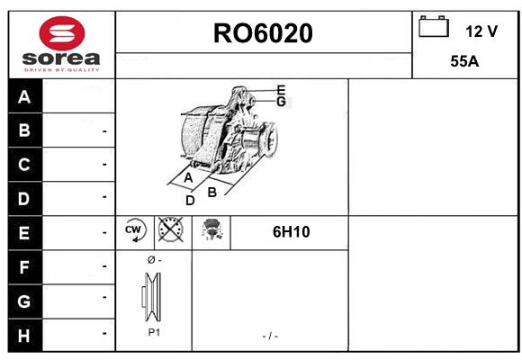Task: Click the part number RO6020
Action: pyautogui.click(x=263, y=33)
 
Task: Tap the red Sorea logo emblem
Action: pyautogui.click(x=62, y=33)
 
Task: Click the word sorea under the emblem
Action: pyautogui.click(x=61, y=58)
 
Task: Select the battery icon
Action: pyautogui.click(x=434, y=26)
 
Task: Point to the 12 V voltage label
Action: pyautogui.click(x=481, y=31)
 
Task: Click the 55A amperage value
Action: pyautogui.click(x=464, y=61)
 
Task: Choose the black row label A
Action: pyautogui.click(x=25, y=96)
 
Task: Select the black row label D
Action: pyautogui.click(x=25, y=199)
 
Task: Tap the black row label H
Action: pyautogui.click(x=25, y=336)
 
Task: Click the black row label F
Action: pyautogui.click(x=25, y=267)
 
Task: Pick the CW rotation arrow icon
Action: pyautogui.click(x=135, y=230)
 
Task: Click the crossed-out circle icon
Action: pyautogui.click(x=170, y=229)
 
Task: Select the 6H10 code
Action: pyautogui.click(x=292, y=232)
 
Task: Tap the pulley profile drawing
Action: pyautogui.click(x=152, y=297)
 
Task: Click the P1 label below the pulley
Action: pyautogui.click(x=154, y=332)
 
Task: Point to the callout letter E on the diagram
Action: pyautogui.click(x=282, y=90)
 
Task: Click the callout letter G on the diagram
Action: pyautogui.click(x=282, y=101)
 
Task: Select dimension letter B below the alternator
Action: pyautogui.click(x=212, y=193)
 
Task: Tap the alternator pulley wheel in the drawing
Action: pyautogui.click(x=270, y=139)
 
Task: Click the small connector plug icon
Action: pyautogui.click(x=211, y=229)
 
